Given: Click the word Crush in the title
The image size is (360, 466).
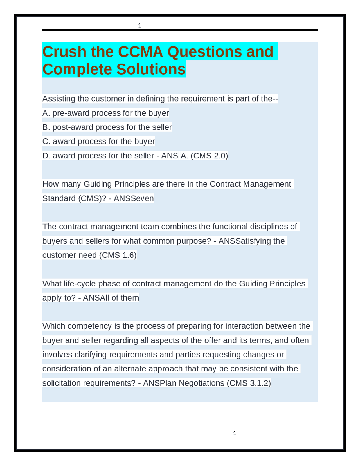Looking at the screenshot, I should click(64, 52).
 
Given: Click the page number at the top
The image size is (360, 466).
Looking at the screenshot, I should click(139, 26).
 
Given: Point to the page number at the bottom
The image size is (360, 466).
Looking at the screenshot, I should click(235, 433).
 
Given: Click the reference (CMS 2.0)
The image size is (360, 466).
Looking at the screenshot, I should click(209, 156).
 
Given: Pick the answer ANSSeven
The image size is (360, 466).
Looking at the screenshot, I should click(134, 198).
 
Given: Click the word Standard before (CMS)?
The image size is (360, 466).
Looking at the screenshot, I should click(59, 198).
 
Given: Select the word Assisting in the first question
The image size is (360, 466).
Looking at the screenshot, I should click(58, 99).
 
